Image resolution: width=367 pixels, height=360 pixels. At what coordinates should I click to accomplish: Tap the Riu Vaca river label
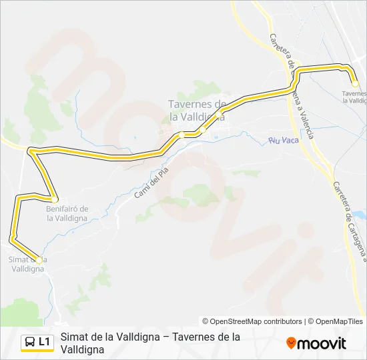click(x=283, y=140)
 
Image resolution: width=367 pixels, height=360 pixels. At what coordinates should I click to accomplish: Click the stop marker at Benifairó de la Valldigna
click(x=55, y=199)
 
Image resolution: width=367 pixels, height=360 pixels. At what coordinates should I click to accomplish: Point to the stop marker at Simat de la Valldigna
click(x=39, y=261)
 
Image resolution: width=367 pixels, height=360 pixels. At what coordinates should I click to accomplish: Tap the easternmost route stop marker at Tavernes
click(x=355, y=83)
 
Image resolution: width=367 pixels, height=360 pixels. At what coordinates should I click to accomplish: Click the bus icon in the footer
click(x=30, y=342)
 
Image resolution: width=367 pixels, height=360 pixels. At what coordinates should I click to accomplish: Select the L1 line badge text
click(x=45, y=342)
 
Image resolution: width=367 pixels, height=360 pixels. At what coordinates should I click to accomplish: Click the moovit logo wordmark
click(x=322, y=343)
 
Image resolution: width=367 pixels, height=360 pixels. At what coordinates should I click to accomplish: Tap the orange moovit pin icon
click(x=291, y=343)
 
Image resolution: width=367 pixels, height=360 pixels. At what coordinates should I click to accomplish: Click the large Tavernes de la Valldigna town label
click(x=197, y=110)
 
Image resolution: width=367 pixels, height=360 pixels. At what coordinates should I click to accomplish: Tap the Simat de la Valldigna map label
click(x=27, y=264)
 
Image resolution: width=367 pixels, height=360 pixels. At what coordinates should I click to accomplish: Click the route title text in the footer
click(x=150, y=343)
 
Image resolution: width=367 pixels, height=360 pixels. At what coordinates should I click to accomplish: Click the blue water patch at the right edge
click(x=361, y=216)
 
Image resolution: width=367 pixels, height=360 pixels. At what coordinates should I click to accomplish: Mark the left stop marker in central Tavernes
click(x=181, y=135)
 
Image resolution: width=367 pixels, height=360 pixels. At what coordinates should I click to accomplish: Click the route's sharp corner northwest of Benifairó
click(x=31, y=152)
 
